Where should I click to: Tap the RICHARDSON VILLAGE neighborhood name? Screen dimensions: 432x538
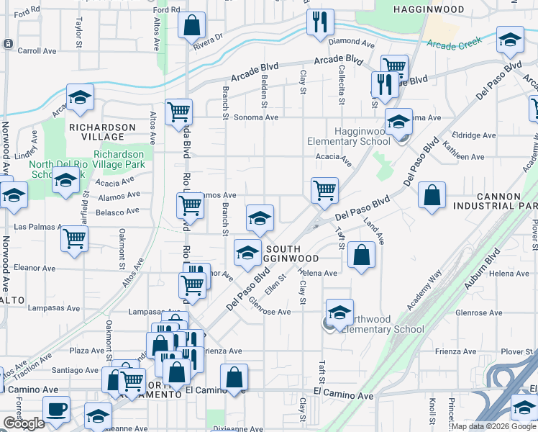pos(101,132)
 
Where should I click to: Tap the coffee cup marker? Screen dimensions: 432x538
pos(56,409)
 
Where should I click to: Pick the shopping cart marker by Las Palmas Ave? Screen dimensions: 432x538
pos(75,239)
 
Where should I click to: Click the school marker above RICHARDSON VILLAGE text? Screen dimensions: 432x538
pos(81,98)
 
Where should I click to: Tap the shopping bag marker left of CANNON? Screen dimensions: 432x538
pos(432,196)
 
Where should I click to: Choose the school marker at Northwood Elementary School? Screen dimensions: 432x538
pos(339,312)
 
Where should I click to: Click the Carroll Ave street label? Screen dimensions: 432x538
pos(37,51)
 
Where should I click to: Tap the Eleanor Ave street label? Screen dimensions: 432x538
pos(35,268)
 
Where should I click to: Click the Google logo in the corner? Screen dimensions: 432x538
pos(24,423)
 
